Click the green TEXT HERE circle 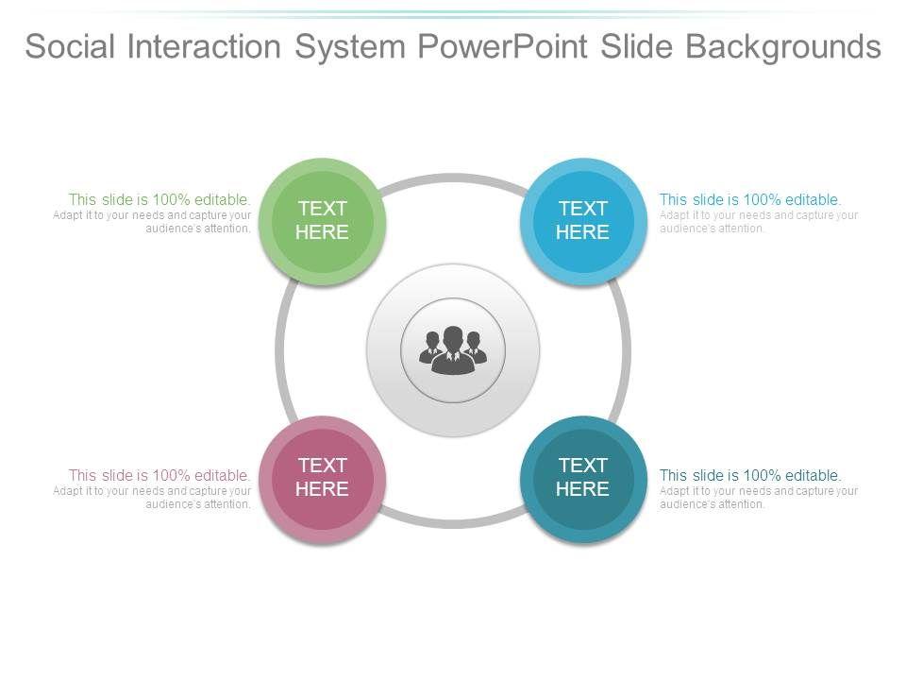(323, 221)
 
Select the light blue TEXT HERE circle (582, 221)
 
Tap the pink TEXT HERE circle (323, 478)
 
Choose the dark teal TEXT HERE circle (582, 478)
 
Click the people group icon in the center (453, 351)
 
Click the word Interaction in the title (223, 45)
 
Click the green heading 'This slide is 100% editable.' (159, 199)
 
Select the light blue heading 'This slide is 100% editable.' (750, 199)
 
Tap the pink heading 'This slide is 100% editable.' (159, 475)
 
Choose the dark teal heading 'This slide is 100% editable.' (750, 475)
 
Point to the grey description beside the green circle (153, 222)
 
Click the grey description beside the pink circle (153, 498)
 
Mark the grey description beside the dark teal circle (758, 498)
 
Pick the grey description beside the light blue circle (758, 222)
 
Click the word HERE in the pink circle (323, 489)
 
